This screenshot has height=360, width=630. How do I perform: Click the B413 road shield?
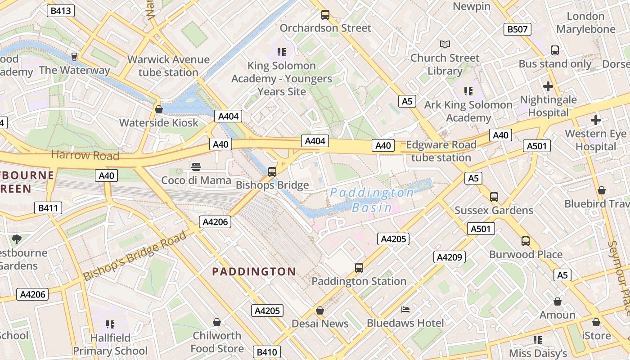click(61, 11)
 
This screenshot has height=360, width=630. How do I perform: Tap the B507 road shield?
click(517, 30)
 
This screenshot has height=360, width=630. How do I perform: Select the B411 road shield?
click(48, 208)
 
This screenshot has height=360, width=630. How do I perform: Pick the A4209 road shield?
click(450, 257)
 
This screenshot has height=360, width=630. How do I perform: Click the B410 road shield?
click(267, 352)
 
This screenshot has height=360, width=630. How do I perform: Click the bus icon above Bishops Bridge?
click(272, 171)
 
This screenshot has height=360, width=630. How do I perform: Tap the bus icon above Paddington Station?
click(359, 268)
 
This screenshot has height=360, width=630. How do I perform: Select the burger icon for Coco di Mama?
click(196, 167)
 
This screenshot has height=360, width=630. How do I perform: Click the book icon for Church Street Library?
click(445, 44)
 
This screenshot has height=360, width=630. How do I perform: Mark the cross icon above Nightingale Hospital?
click(548, 86)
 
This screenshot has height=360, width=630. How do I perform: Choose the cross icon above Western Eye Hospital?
click(596, 120)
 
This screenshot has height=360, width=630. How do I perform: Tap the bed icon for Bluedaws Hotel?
click(405, 310)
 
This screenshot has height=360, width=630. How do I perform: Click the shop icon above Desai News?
click(319, 310)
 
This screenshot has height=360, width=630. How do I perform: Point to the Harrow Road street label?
click(85, 156)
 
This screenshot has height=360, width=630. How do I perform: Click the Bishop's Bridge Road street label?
click(135, 256)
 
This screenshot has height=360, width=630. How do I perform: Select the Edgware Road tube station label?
click(441, 151)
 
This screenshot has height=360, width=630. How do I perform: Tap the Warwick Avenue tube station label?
click(168, 66)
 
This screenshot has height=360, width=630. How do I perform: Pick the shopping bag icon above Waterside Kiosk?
click(158, 109)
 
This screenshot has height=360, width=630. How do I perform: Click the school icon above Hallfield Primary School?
click(110, 324)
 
